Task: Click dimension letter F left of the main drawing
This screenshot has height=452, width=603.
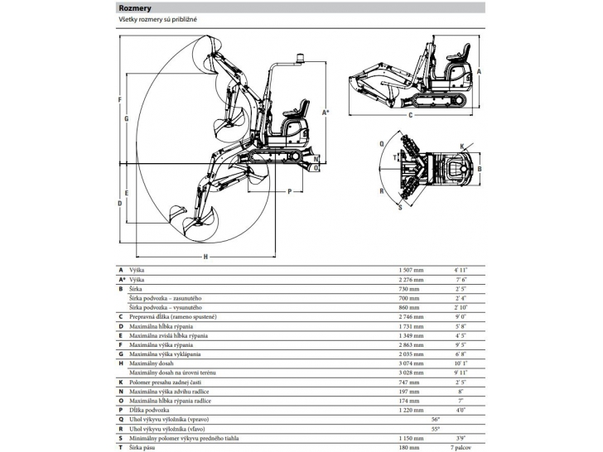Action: [x=121, y=99]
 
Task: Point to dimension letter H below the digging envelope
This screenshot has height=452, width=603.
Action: [x=205, y=257]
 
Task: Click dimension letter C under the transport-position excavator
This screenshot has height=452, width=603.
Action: [x=410, y=116]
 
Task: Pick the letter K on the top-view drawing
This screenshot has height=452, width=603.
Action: [x=461, y=147]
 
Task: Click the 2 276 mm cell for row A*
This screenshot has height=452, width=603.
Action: [x=412, y=280]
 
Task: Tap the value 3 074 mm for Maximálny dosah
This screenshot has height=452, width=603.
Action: [x=412, y=362]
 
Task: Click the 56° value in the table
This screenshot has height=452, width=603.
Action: [x=436, y=419]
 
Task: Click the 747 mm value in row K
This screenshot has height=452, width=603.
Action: [x=409, y=382]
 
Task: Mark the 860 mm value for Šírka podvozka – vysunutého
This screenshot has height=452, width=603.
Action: [x=409, y=307]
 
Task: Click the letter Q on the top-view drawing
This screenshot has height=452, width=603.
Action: [x=381, y=143]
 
